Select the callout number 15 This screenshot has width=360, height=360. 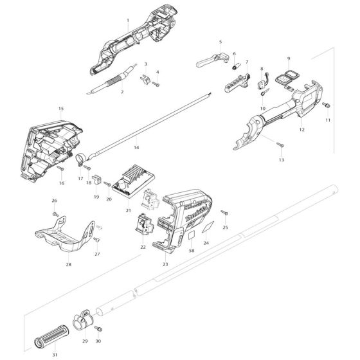tap(61, 109)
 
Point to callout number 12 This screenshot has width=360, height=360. tap(301, 130)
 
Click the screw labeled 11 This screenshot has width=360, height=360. tap(327, 105)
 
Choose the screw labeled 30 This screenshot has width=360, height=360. tap(98, 329)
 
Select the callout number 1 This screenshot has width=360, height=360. tap(127, 21)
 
